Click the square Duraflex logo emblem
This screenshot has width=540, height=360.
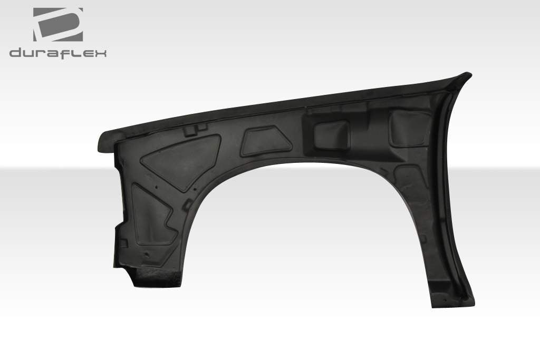click(57, 24)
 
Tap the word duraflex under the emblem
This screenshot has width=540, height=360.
click(57, 53)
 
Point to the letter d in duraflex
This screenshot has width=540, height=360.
click(15, 53)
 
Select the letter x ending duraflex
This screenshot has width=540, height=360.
click(100, 53)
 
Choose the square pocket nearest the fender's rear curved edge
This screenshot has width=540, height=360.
click(409, 128)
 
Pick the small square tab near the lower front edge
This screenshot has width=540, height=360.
click(123, 243)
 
